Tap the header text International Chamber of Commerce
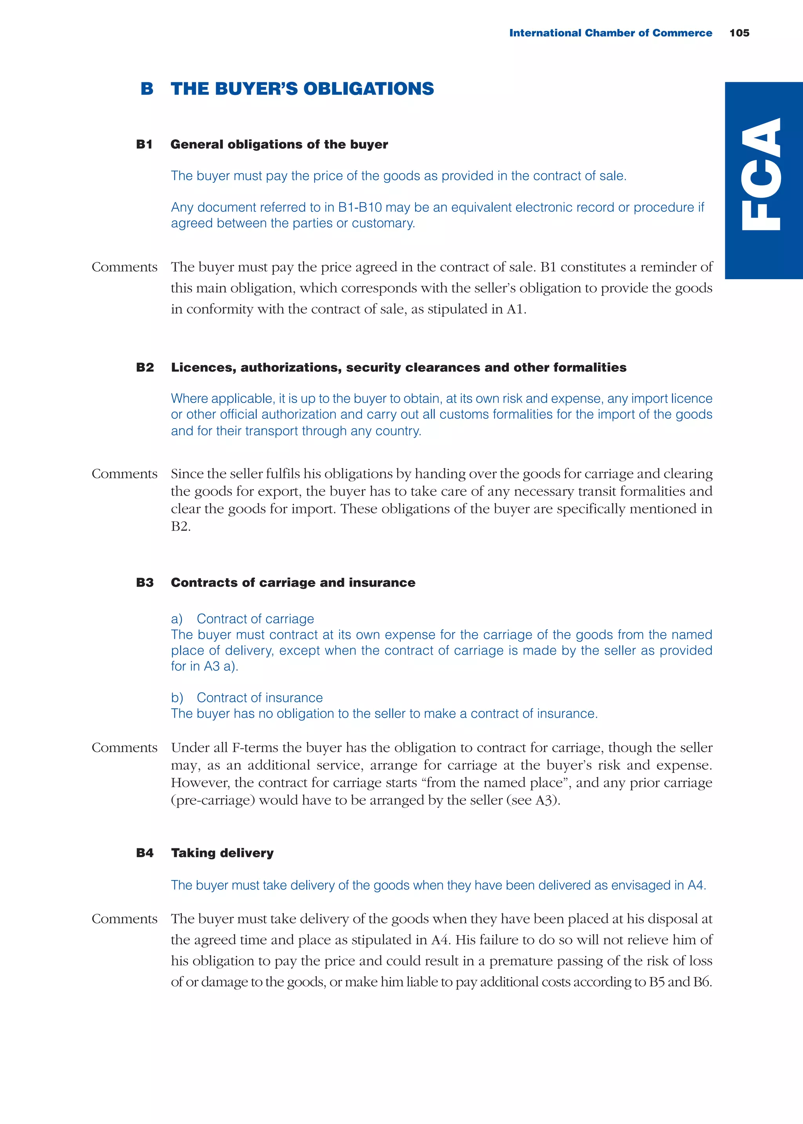[x=610, y=33]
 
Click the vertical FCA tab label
[x=762, y=174]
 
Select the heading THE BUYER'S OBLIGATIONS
[x=302, y=89]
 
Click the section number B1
[x=144, y=144]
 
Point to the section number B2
[x=145, y=367]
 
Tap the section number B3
[x=145, y=582]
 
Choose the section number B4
[x=145, y=853]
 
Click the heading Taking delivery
[x=222, y=853]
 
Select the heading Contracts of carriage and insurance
[x=293, y=582]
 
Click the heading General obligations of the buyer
[x=279, y=144]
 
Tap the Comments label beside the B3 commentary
[x=125, y=747]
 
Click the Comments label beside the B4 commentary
[x=125, y=919]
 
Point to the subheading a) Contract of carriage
[x=242, y=619]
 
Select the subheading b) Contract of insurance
[x=247, y=697]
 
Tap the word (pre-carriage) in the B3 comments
[x=213, y=800]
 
